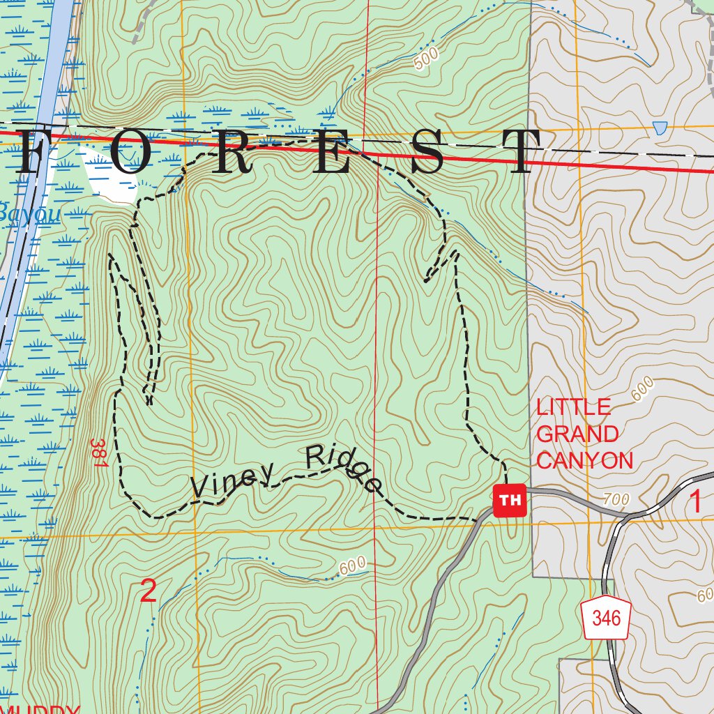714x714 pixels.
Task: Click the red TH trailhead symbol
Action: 510,500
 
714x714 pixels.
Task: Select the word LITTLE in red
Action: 574,407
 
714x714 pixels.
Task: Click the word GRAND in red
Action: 577,434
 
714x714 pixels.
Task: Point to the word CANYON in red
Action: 585,460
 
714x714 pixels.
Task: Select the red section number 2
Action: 149,591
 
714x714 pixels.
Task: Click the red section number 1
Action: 695,502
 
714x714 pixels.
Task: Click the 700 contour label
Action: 617,499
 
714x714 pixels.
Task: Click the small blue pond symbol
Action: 660,128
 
